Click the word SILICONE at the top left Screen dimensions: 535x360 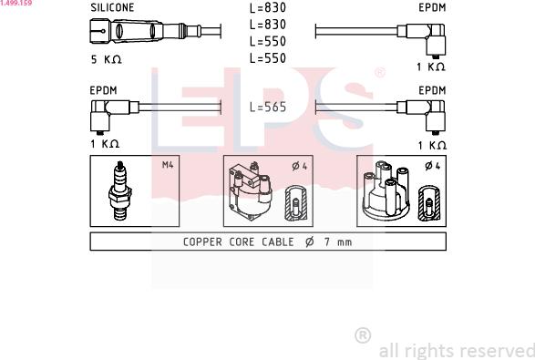coord(112,7)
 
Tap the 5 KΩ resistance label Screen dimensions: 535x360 coord(106,59)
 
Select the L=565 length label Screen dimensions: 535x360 coord(268,108)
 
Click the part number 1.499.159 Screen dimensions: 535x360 coord(16,3)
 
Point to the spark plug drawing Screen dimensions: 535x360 coord(120,190)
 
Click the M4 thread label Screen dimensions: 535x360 coord(168,165)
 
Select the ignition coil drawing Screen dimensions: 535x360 coord(250,190)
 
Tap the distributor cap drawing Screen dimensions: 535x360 coord(386,190)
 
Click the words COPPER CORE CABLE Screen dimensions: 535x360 coord(239,242)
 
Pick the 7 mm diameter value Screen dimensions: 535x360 coord(338,242)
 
